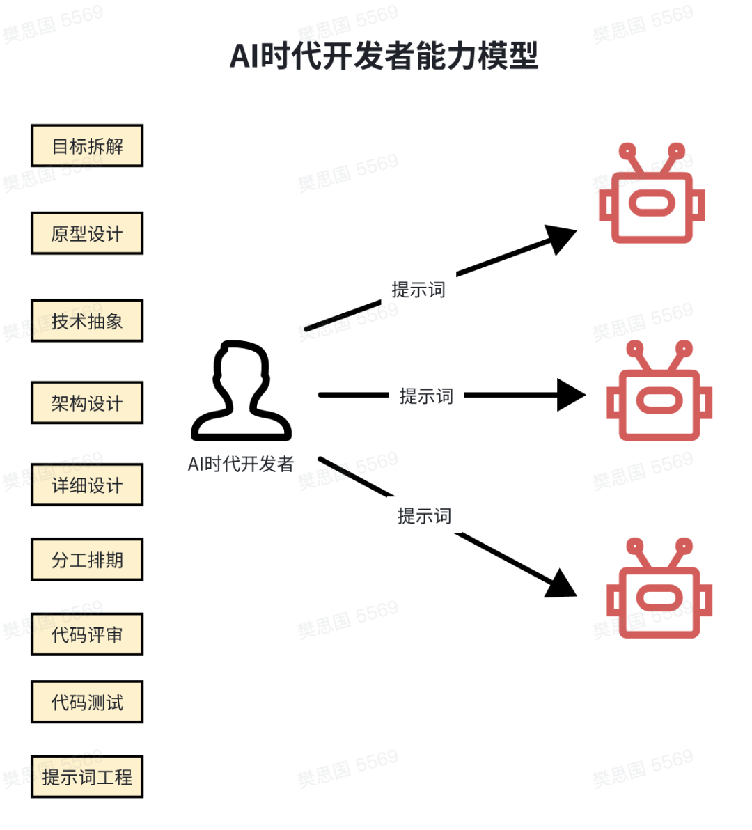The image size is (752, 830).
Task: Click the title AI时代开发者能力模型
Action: (x=384, y=56)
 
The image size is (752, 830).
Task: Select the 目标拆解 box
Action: (x=87, y=146)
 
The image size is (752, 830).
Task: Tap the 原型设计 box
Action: (x=87, y=233)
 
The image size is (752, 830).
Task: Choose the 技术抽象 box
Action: (x=87, y=321)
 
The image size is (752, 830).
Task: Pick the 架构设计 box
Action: (x=87, y=403)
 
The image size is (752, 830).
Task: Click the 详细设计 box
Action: (x=87, y=485)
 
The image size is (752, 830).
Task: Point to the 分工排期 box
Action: (x=87, y=560)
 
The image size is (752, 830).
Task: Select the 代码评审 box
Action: (x=87, y=634)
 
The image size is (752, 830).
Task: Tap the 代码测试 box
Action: (x=87, y=702)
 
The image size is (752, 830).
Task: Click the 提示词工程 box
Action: (x=87, y=776)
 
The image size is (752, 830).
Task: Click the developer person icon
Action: (x=241, y=391)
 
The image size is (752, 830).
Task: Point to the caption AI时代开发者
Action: (x=241, y=464)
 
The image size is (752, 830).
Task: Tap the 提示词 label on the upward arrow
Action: (x=418, y=290)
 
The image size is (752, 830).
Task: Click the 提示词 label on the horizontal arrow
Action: (x=426, y=396)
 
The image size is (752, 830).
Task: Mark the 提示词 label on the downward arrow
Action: (x=424, y=516)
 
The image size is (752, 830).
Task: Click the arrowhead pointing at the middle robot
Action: (x=572, y=396)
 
